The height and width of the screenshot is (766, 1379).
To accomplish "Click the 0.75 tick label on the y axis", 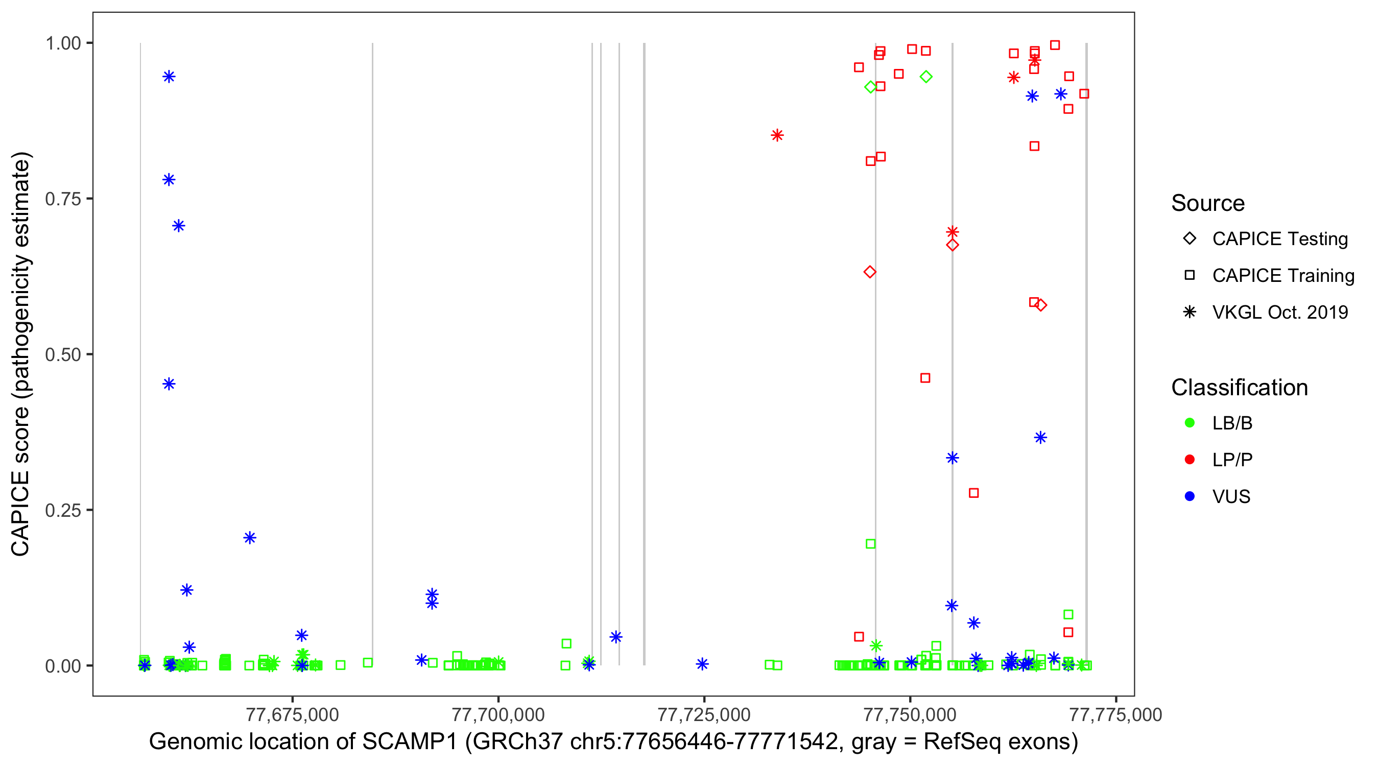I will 62,199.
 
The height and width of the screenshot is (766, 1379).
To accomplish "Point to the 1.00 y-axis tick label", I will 62,43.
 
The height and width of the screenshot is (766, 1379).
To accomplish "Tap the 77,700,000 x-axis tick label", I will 498,714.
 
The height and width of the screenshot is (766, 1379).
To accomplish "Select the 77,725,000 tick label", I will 703,714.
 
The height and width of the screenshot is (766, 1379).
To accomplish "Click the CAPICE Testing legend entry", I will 1279,239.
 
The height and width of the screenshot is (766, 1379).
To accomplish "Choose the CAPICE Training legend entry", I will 1282,276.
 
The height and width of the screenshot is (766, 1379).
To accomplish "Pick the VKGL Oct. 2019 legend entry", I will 1279,313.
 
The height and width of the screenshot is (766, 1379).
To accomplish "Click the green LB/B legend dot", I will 1190,423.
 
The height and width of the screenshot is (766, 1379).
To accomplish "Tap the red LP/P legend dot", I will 1190,460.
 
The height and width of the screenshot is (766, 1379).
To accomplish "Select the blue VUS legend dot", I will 1190,496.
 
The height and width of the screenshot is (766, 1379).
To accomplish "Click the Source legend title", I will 1208,203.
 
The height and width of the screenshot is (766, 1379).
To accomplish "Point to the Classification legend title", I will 1239,388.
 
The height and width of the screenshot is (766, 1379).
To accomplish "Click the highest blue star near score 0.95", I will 169,77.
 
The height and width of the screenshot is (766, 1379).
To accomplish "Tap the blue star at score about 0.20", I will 250,538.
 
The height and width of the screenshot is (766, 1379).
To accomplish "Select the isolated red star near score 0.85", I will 777,135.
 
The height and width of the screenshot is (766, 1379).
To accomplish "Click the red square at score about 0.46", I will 925,378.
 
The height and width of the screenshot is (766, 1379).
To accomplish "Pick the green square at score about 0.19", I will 871,544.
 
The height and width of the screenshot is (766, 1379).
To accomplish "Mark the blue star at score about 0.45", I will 169,385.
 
